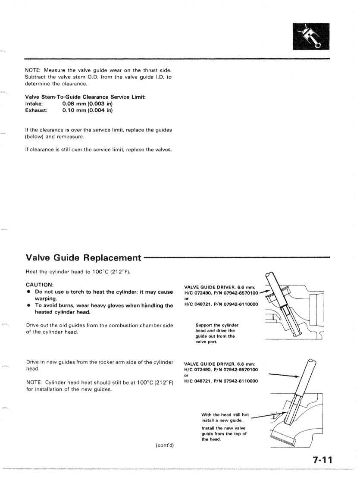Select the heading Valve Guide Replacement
coord(84,258)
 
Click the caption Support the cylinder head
coord(217,325)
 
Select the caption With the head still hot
coord(225,414)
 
